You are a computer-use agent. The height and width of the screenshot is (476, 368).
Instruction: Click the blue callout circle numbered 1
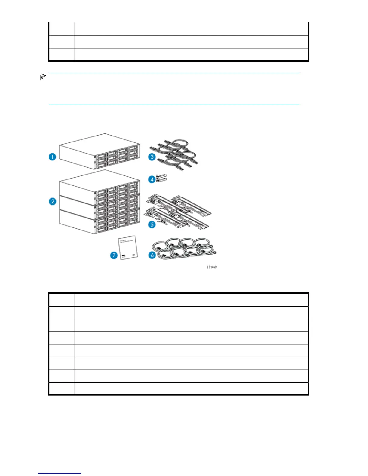click(x=52, y=157)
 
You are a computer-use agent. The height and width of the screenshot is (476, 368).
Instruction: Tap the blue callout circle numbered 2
click(x=52, y=201)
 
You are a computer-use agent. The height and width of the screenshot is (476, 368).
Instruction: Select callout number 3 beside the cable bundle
click(x=152, y=157)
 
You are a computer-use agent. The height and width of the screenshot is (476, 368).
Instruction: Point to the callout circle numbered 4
click(x=152, y=179)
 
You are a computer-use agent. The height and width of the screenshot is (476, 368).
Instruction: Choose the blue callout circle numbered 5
click(x=152, y=224)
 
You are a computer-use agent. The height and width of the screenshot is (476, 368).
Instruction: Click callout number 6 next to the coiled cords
click(x=152, y=255)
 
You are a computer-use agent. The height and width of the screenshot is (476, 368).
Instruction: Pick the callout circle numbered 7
click(x=114, y=255)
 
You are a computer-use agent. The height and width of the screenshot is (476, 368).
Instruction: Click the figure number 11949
click(x=212, y=267)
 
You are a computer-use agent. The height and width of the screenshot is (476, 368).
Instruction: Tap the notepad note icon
click(x=43, y=77)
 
